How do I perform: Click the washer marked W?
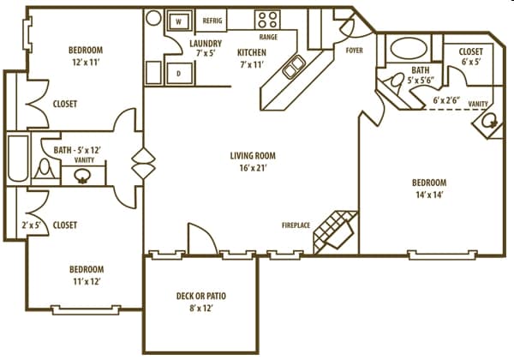tap(180, 20)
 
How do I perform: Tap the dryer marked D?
tap(180, 74)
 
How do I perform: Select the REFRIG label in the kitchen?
tap(214, 21)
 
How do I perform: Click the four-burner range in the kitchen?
tap(267, 20)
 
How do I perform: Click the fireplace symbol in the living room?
tap(334, 228)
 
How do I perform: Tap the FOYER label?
tap(354, 50)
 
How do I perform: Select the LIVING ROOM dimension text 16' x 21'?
tap(253, 169)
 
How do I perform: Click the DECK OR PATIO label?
tap(200, 296)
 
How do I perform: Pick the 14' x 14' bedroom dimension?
tap(429, 195)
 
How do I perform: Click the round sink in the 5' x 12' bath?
tap(83, 177)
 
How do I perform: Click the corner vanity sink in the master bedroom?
tap(491, 123)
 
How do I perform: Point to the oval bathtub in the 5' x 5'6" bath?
tap(400, 47)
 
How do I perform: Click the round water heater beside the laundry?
tap(153, 17)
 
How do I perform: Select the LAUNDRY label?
tap(206, 44)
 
